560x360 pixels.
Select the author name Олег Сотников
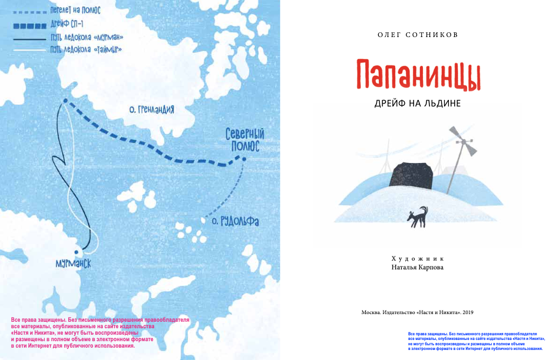[418, 35]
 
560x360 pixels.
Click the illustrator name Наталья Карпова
[418, 267]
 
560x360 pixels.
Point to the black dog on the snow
[417, 216]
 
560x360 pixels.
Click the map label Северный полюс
[242, 141]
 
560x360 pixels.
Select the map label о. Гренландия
[151, 109]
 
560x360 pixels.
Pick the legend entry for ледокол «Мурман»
[91, 38]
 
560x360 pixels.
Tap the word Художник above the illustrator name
[418, 258]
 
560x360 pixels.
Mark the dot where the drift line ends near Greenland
[64, 101]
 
